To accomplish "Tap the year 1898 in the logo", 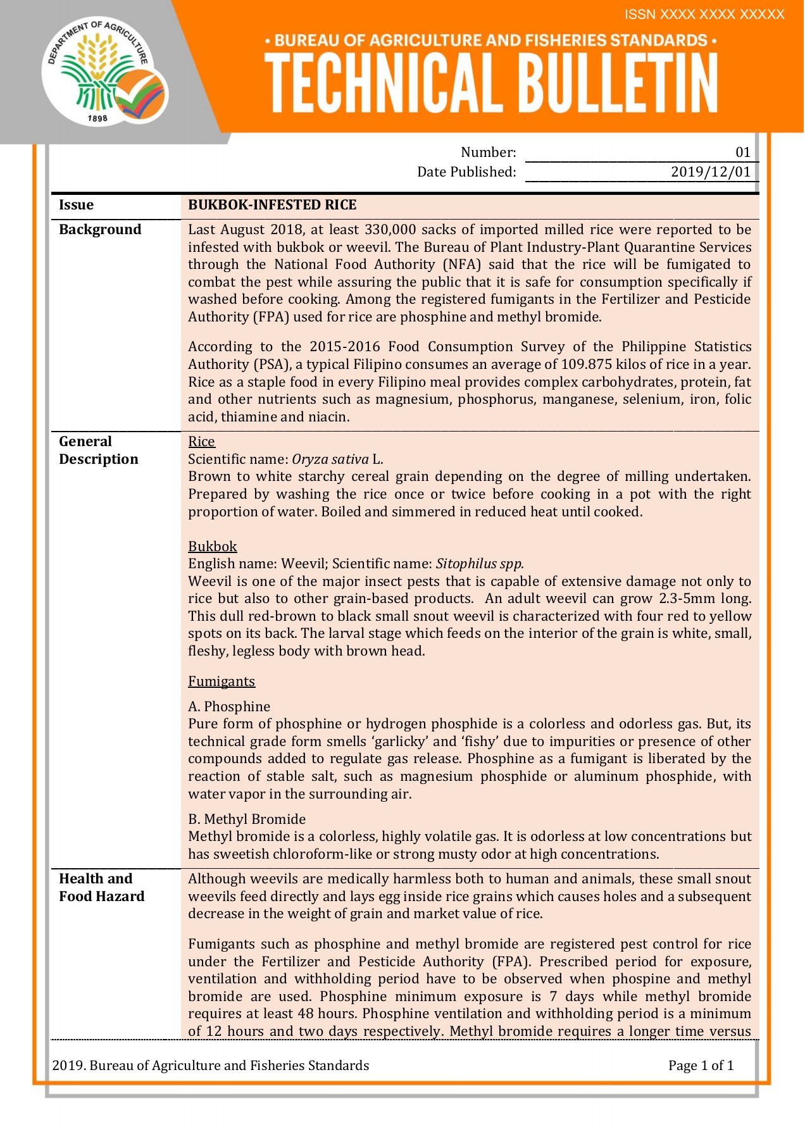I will point(97,118).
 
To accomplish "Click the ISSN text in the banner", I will point(704,15).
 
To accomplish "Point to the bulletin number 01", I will point(742,152).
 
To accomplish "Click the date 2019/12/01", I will point(710,172).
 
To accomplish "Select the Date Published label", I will point(466,172).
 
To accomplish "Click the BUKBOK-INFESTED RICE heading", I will point(272,205).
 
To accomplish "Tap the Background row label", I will point(100,230).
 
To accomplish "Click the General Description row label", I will point(98,451).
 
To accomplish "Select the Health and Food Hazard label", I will point(101,887).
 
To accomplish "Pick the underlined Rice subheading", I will point(201,442).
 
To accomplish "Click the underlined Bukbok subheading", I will point(212,547).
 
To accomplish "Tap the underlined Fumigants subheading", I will point(221,682).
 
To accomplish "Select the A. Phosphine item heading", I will point(228,707).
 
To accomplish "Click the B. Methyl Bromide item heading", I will point(246,819).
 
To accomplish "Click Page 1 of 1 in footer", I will point(701,1066).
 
